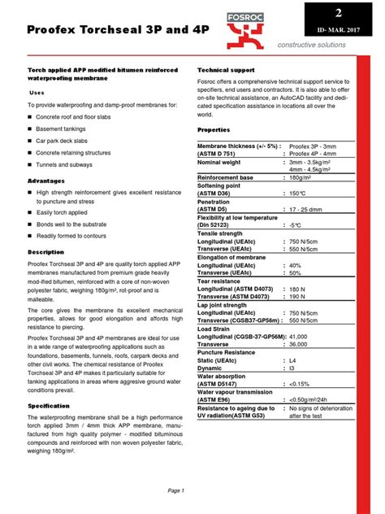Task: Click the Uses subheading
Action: [37, 93]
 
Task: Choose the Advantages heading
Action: [47, 180]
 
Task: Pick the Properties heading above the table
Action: [214, 129]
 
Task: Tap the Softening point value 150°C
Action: [296, 194]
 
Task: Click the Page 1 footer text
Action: [176, 490]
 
